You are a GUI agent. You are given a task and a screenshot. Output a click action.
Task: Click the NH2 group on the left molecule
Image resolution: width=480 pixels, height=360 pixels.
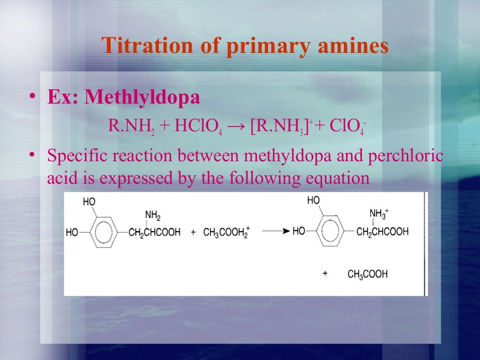coord(152,215)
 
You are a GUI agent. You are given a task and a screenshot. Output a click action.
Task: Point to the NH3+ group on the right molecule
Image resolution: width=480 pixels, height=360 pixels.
coord(378,214)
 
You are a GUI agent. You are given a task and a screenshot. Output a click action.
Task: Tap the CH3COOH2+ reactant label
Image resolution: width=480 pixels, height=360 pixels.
coord(226,232)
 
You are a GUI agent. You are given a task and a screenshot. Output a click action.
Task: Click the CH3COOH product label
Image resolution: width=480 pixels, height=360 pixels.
coord(367,274)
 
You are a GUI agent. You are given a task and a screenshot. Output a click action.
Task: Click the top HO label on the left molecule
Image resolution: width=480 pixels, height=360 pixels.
coord(89,202)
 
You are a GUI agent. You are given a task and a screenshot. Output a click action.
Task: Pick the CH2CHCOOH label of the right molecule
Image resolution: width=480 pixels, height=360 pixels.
coord(382,232)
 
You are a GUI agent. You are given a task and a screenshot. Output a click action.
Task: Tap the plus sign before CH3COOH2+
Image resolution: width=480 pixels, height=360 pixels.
coord(193,233)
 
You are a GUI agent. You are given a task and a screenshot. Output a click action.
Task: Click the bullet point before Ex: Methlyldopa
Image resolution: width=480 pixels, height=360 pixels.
coord(31,97)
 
